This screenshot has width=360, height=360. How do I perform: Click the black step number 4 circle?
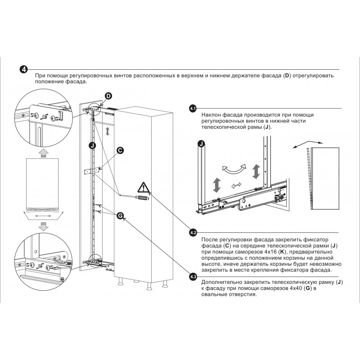click(24, 69)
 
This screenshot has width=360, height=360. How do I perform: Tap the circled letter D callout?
click(108, 96)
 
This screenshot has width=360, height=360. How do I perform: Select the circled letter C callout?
click(120, 150)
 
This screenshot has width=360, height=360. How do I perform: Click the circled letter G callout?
click(120, 216)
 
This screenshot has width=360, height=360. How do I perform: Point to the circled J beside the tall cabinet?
click(92, 145)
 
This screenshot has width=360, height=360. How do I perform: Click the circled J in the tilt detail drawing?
click(201, 144)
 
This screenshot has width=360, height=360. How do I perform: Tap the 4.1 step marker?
click(193, 108)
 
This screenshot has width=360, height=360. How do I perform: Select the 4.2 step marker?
click(193, 233)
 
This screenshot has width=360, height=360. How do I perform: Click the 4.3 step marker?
click(193, 277)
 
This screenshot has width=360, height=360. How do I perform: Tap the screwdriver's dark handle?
click(142, 197)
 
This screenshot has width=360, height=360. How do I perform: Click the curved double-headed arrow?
click(234, 169)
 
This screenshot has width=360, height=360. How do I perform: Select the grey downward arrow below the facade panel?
click(43, 226)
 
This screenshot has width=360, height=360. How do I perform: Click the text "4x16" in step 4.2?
click(272, 252)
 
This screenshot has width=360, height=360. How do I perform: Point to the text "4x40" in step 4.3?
click(295, 288)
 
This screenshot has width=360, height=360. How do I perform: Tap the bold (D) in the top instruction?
click(287, 76)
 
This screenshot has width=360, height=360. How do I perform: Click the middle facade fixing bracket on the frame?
click(93, 171)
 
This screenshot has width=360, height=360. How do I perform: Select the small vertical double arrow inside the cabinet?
click(107, 131)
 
